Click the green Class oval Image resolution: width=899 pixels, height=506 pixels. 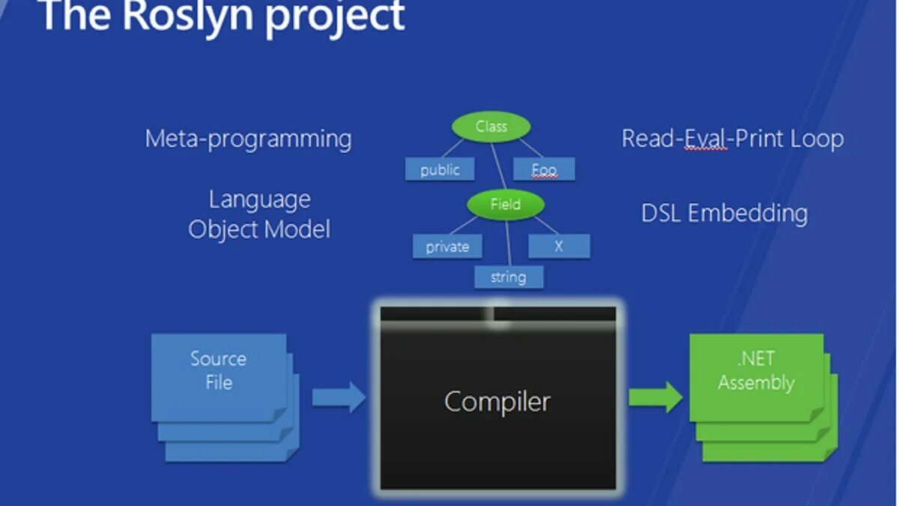tap(491, 127)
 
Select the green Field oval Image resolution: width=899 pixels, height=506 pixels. tap(505, 204)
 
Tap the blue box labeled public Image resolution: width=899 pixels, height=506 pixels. tap(440, 169)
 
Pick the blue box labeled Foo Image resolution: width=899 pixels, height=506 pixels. tap(544, 169)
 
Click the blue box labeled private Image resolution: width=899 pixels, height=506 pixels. tap(447, 247)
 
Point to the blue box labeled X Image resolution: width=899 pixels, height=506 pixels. tap(558, 246)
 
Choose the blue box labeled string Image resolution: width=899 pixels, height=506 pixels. tap(508, 277)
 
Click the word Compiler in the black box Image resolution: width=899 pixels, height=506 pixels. tap(497, 402)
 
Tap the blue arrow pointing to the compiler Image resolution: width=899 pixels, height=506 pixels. tap(338, 397)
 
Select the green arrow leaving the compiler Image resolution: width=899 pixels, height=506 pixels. tap(655, 397)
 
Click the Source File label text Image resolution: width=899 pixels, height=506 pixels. tap(218, 370)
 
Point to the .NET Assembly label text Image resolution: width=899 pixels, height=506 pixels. tap(755, 370)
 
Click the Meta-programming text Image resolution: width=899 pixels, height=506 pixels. tap(248, 139)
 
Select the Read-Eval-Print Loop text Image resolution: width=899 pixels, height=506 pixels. tap(732, 139)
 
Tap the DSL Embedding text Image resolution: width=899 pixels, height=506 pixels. tap(724, 213)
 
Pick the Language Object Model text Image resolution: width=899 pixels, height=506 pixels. tap(259, 214)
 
